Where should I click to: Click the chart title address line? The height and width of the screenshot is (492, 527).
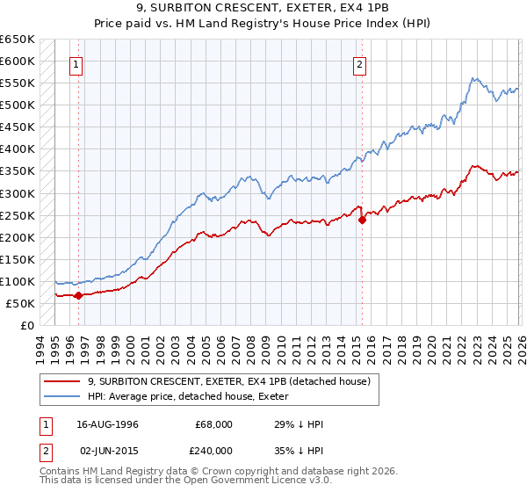[263, 10]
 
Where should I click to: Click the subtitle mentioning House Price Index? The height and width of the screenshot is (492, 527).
[263, 25]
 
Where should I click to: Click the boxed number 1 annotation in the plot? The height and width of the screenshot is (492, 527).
[77, 63]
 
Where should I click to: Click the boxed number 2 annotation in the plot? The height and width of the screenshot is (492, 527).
[360, 63]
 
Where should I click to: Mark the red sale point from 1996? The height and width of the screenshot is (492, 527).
[78, 295]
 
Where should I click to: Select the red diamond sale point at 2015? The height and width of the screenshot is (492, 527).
[362, 220]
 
